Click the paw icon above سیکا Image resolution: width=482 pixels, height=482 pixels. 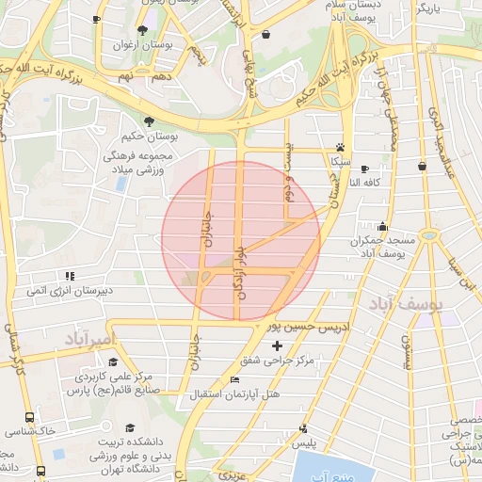340,147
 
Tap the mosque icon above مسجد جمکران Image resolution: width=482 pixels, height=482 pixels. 382,227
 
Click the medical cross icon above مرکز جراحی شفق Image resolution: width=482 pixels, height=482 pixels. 276,346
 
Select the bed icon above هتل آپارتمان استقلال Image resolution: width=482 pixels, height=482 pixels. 234,379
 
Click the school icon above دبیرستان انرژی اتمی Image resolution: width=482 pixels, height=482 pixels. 70,276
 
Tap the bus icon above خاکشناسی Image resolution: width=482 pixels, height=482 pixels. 30,416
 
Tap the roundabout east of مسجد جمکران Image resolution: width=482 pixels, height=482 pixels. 430,233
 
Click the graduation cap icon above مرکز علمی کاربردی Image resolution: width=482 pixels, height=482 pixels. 113,362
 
